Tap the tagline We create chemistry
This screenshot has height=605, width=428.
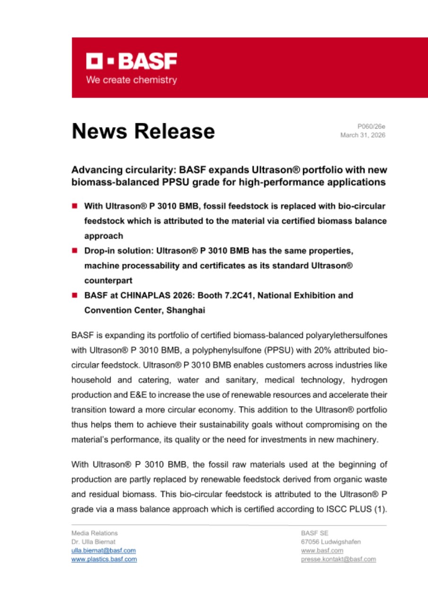pos(131,80)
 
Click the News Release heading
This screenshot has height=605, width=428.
pos(143,131)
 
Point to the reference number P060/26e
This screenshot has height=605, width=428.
pos(371,126)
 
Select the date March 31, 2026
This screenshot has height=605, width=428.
pos(363,135)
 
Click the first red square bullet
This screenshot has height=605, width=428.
pos(75,206)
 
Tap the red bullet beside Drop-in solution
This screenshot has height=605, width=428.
pos(75,251)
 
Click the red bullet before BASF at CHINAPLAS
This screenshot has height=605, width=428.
pos(75,296)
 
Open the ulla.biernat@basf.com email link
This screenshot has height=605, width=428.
pos(104,550)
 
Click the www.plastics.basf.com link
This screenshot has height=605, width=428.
pos(104,559)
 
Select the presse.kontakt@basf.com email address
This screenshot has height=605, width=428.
pos(339,559)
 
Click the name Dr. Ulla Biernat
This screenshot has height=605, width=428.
pos(93,542)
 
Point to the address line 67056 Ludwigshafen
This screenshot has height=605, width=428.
pos(331,542)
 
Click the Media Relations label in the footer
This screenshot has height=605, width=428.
pos(95,533)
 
